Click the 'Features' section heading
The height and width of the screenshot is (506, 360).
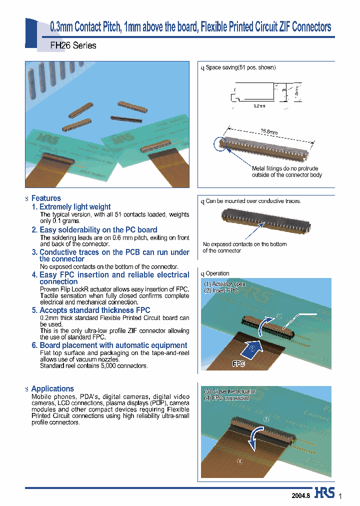(46, 198)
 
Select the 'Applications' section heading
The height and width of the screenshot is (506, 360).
(52, 388)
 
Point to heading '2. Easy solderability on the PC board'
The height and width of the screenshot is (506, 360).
(98, 229)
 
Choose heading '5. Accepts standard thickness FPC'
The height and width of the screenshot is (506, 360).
(94, 310)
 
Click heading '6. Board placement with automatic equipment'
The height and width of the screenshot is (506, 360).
(113, 345)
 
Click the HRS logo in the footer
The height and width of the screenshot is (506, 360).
(325, 493)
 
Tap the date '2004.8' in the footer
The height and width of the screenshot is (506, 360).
(301, 495)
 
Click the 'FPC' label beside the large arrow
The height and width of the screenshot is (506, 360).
(238, 364)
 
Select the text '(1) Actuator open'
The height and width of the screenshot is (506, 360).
(224, 284)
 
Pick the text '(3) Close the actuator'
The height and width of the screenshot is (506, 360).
(229, 391)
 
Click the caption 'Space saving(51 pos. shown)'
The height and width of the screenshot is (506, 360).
(240, 67)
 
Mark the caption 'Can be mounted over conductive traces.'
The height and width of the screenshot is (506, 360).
(253, 201)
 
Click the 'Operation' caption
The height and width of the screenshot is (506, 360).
(217, 273)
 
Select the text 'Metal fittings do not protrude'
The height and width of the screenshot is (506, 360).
(284, 168)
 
